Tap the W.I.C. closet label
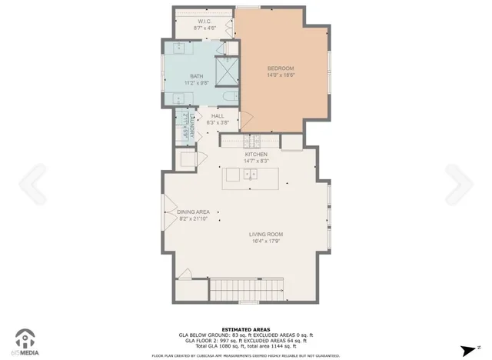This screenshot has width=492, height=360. coord(204,22)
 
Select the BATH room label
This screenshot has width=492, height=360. coord(197,76)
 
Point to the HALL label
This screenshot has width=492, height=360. coord(218,116)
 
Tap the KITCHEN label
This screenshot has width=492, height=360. coord(256,155)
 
